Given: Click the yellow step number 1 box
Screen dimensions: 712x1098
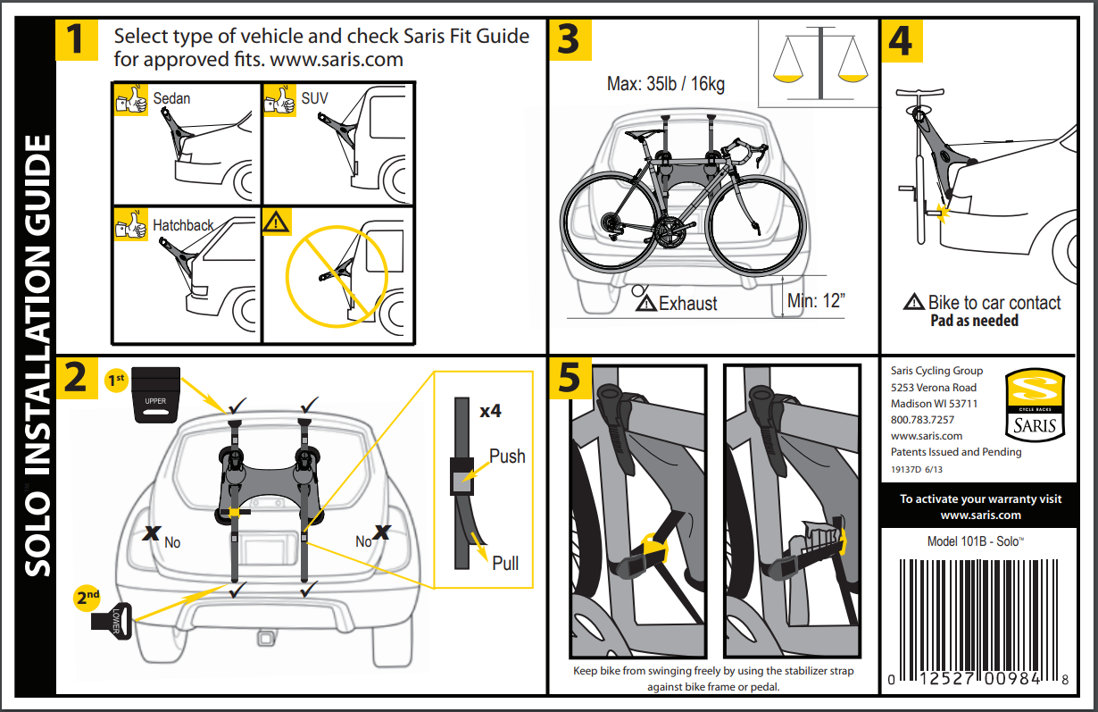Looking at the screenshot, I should (x=77, y=40).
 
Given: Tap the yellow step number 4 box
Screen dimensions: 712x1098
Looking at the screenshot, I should (x=901, y=40).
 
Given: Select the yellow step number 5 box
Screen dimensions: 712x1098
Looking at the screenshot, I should (x=569, y=379).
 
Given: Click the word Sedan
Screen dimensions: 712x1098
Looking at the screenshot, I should (x=171, y=98).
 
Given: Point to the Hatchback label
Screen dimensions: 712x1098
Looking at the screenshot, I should (x=183, y=225).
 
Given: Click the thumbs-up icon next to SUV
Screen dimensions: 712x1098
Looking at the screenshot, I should (x=280, y=100).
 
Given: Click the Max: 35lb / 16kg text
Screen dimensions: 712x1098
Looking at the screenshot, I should (x=665, y=84).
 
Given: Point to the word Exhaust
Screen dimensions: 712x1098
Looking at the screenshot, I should (x=687, y=304).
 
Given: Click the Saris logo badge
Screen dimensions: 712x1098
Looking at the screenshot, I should (x=1036, y=403).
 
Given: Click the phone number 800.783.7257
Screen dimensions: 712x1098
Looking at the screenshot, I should (x=922, y=420).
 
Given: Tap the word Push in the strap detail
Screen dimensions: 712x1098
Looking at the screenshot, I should (x=507, y=457).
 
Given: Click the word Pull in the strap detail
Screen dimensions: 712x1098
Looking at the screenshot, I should (x=505, y=563).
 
